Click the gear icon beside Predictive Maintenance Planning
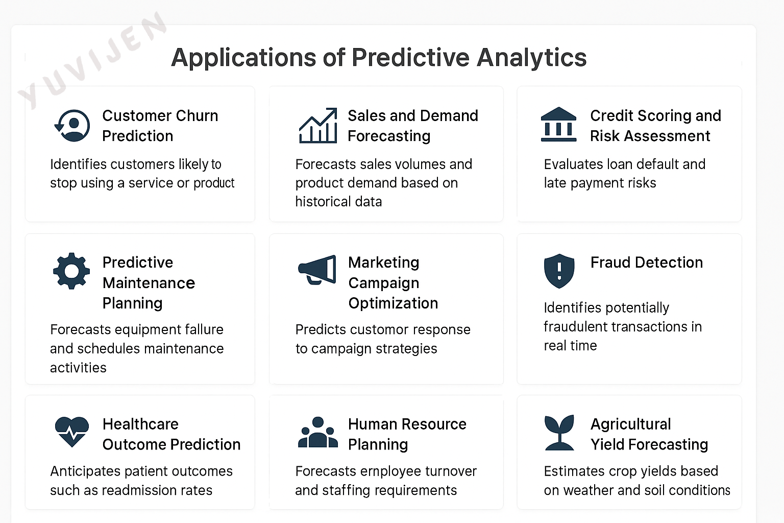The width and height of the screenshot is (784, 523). (71, 271)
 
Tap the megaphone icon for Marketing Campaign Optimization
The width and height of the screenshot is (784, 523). (317, 270)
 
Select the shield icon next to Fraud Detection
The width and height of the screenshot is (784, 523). (559, 271)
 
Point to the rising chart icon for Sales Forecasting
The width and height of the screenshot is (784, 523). (318, 126)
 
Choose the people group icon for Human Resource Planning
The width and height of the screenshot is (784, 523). (318, 432)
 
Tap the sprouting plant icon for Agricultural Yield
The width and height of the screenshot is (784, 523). (559, 433)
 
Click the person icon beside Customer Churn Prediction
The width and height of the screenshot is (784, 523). (72, 126)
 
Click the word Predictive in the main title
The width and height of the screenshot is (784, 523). (410, 57)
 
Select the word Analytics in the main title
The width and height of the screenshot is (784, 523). (532, 58)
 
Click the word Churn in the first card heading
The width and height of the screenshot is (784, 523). (197, 115)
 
